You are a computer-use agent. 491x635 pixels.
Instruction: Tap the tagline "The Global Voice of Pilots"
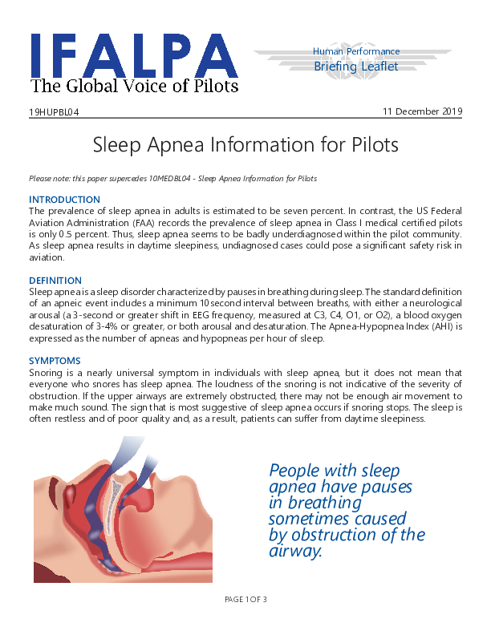134,87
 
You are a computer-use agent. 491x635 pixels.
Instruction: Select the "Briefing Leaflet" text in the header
355,67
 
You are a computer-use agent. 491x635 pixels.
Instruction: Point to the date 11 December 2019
422,111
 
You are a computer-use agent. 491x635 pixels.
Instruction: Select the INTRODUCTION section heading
64,200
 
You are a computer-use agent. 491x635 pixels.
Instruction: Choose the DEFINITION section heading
55,281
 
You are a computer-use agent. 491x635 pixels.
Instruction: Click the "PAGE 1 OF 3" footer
245,600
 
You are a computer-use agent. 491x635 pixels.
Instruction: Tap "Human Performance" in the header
355,52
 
